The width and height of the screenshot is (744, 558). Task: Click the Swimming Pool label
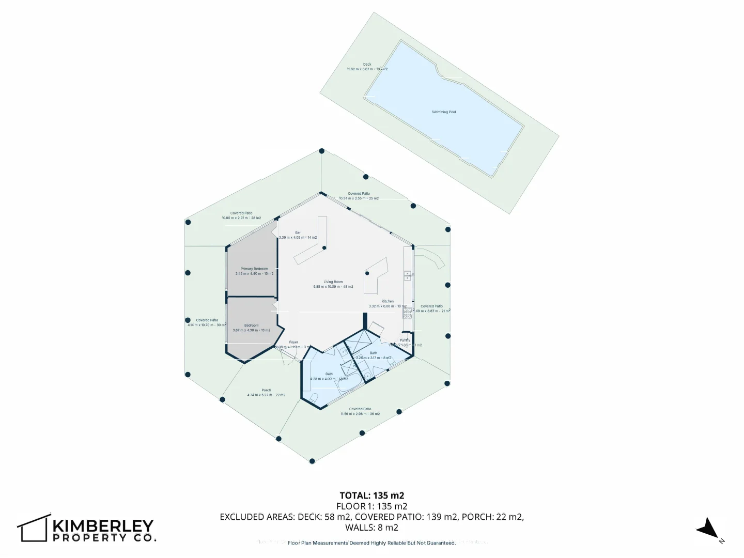pos(443,112)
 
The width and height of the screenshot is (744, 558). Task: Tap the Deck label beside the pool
pos(367,65)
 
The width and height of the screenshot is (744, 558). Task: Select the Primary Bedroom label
pos(254,269)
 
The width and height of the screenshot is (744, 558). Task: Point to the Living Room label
pos(333,282)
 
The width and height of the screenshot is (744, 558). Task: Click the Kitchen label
pos(388,301)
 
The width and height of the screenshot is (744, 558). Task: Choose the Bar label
pos(298,233)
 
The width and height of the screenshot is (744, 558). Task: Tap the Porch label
pos(266,391)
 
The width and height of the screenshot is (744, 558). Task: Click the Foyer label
pos(293,343)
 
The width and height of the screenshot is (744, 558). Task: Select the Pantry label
pos(405,340)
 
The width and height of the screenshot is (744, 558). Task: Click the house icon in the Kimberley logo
pos(34,528)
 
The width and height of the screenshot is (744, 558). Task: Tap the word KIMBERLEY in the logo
pos(103,526)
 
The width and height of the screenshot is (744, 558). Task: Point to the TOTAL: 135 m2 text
pos(371,495)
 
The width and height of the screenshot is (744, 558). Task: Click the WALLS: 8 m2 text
pos(371,528)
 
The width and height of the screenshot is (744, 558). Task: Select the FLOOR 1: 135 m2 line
pos(371,506)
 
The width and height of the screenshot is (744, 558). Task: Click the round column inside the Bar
pos(324,248)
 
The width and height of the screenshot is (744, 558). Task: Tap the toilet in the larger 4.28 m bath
pos(314,397)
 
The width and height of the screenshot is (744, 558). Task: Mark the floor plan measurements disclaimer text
pos(371,543)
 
